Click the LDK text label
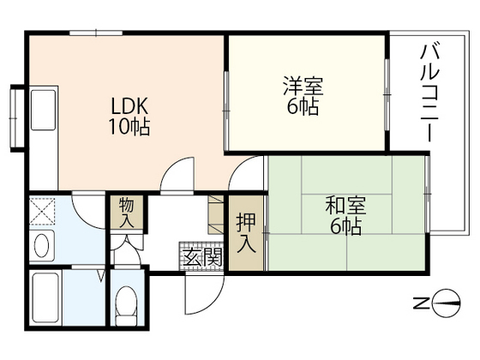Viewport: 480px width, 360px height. tap(130, 107)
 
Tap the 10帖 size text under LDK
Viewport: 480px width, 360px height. tap(130, 129)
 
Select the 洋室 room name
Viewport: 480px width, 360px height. tap(303, 87)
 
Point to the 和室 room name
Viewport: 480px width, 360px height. tap(345, 206)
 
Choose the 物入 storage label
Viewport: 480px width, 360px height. tap(126, 212)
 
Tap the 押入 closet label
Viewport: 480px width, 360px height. tap(245, 231)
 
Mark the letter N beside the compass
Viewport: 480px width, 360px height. tap(422, 302)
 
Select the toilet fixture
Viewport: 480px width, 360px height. tap(127, 302)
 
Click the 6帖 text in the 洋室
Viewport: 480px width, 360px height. tap(303, 108)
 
